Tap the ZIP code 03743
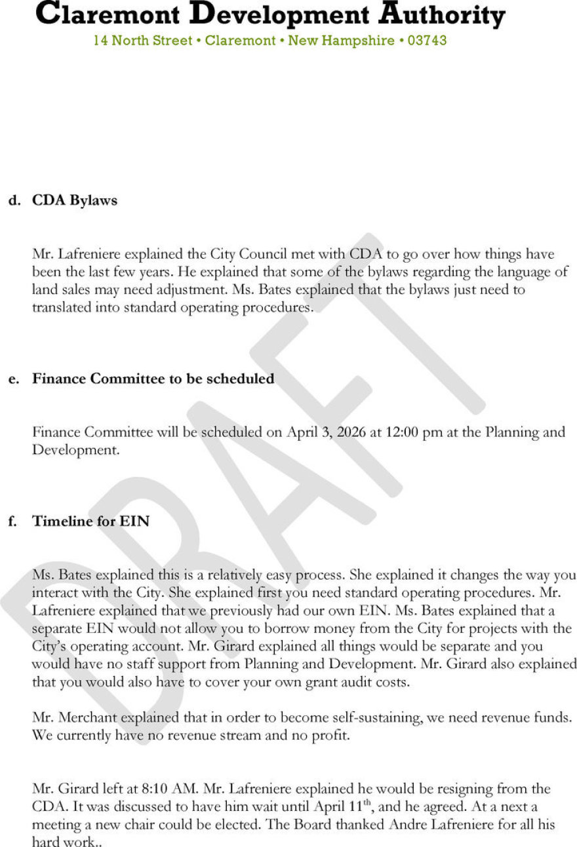pyautogui.click(x=427, y=41)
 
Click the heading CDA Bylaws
pyautogui.click(x=75, y=200)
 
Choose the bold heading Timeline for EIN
pyautogui.click(x=91, y=521)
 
